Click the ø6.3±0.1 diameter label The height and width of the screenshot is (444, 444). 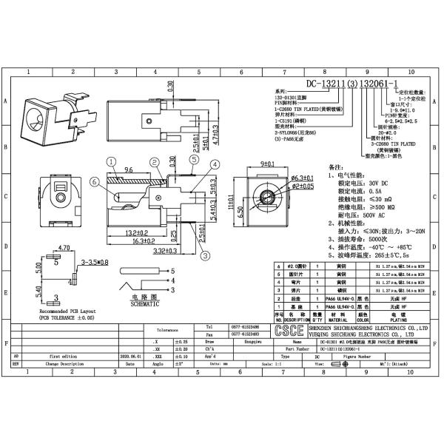tap(283, 178)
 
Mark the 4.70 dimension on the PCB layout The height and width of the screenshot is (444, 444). tap(64, 249)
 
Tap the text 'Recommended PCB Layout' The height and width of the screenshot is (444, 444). tap(52, 312)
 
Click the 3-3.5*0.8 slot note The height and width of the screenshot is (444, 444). tap(94, 261)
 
